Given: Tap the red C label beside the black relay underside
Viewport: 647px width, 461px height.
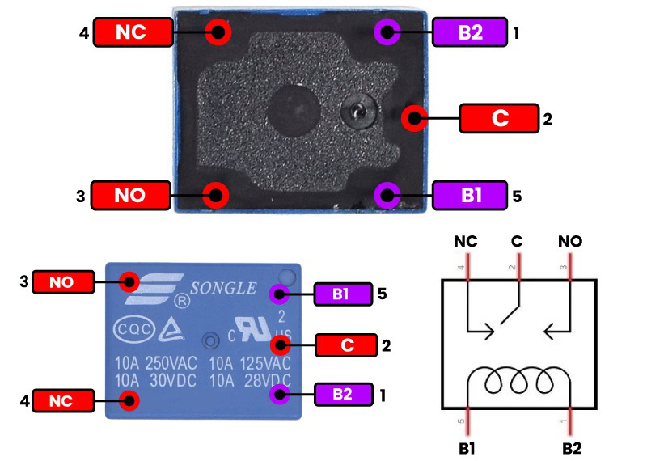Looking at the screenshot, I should point(499,118).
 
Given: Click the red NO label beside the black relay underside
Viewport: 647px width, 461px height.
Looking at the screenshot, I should point(130,195).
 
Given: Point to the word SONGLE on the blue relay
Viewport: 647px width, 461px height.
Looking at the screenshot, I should point(223,288).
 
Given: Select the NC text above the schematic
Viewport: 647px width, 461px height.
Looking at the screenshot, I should point(467,241).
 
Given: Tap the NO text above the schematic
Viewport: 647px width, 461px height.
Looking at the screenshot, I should point(570,241).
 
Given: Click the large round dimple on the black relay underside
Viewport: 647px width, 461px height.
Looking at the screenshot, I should point(291,109).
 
